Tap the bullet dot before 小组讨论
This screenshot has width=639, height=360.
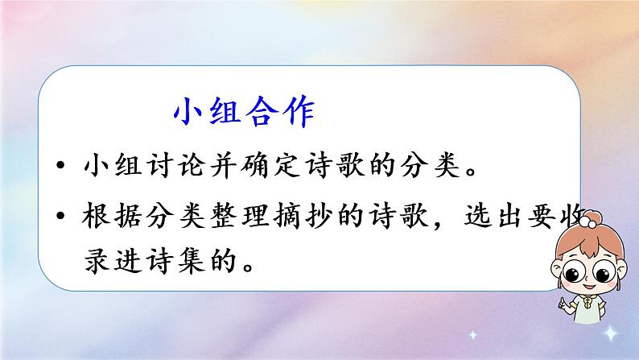62,168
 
